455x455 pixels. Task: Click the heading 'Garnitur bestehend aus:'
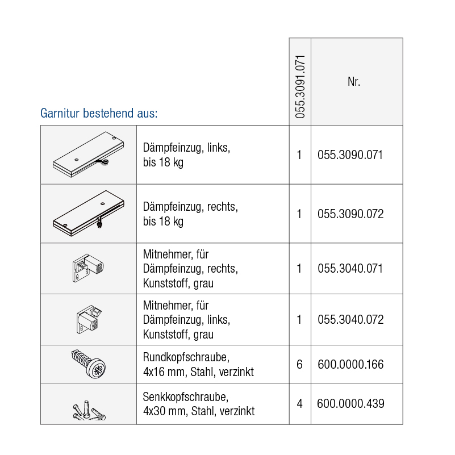click(98, 113)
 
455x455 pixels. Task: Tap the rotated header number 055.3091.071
click(300, 86)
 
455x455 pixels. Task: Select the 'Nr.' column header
click(354, 82)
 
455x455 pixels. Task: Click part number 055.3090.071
click(350, 155)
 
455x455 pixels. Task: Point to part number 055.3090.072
click(350, 214)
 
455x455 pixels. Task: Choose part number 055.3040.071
click(350, 268)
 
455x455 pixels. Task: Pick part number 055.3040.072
click(350, 319)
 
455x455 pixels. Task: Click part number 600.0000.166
click(350, 364)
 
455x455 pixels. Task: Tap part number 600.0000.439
click(350, 404)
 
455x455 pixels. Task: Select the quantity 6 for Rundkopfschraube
click(299, 364)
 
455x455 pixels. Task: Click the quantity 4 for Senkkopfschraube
click(299, 404)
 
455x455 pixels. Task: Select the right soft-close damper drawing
click(88, 213)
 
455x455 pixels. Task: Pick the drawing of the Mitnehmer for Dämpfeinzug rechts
click(88, 267)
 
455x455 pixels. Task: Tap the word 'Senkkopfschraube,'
click(185, 397)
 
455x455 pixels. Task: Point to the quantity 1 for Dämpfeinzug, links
click(299, 155)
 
